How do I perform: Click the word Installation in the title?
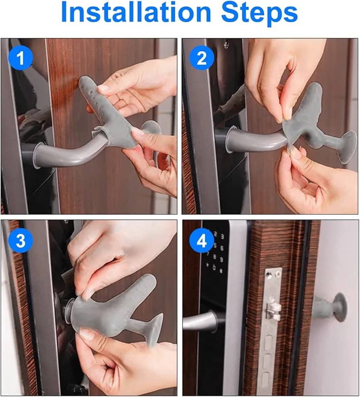136,12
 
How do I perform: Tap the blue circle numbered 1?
21,58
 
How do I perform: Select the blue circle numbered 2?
202,58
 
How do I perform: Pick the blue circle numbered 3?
21,240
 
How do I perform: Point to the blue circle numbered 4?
202,240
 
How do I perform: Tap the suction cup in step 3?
155,329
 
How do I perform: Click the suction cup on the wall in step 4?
340,307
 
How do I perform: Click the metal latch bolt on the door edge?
273,309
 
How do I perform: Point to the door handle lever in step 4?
201,321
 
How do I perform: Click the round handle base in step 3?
68,311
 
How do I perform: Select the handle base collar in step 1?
31,154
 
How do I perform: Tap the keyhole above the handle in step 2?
226,45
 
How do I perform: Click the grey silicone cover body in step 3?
106,309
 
